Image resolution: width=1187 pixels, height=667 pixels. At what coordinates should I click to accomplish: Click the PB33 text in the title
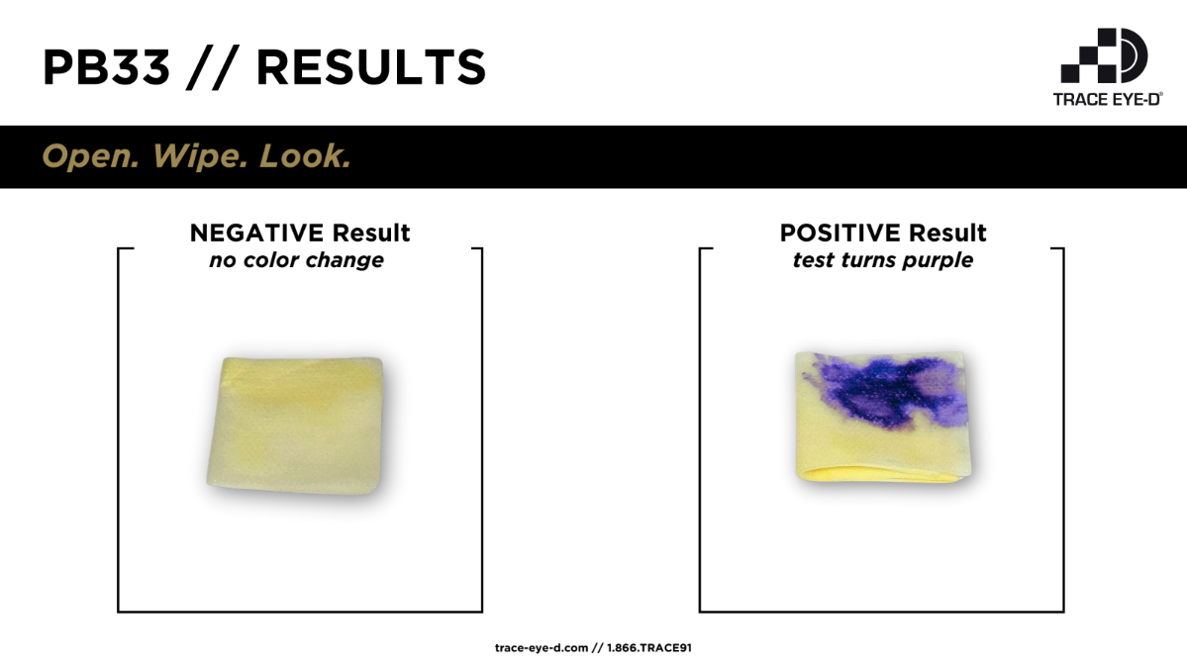107,66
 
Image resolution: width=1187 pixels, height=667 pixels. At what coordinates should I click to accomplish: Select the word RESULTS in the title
371,66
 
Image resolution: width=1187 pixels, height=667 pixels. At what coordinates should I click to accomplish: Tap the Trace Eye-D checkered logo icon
1105,55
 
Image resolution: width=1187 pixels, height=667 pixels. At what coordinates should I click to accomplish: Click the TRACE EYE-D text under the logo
1108,99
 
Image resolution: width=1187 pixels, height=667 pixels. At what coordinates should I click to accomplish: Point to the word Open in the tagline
90,156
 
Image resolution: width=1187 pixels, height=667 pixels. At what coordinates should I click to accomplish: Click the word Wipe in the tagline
198,156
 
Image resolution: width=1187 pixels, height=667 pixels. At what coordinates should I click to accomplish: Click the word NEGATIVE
256,233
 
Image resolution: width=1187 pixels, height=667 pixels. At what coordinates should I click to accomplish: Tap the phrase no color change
296,259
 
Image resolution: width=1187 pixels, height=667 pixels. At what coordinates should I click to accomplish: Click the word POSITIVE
841,233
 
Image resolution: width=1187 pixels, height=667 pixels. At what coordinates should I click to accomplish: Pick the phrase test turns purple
883,260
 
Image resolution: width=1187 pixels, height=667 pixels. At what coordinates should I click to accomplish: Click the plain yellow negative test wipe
295,425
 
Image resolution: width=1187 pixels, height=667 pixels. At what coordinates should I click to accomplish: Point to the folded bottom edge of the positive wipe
883,475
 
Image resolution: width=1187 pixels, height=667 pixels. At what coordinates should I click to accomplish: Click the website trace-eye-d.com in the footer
542,648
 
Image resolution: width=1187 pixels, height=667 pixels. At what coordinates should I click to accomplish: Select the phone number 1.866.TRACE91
648,648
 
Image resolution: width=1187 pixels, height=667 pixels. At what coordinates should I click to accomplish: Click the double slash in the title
213,67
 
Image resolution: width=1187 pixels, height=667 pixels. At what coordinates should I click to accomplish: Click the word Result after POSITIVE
947,233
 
